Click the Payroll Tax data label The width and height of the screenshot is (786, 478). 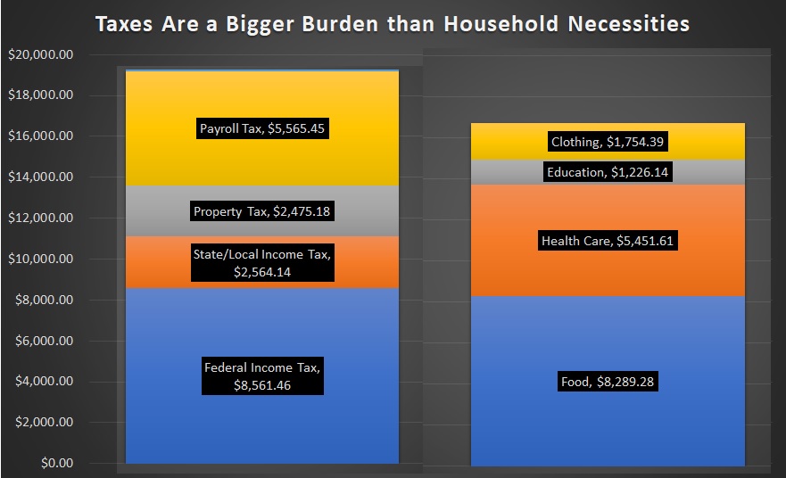(262, 128)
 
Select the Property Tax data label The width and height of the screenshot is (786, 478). (262, 211)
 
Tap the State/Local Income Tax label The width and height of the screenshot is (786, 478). (262, 263)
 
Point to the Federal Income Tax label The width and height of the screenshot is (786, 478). (262, 375)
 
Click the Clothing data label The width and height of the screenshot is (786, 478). (607, 142)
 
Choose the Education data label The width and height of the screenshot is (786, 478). (608, 172)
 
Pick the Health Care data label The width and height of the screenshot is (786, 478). (608, 241)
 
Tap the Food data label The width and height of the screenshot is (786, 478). (608, 382)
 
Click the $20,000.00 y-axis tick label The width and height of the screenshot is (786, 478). (41, 54)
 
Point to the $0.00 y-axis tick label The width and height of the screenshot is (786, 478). (57, 463)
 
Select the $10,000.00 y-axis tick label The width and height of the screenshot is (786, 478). (41, 259)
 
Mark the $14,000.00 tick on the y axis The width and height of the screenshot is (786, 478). (41, 177)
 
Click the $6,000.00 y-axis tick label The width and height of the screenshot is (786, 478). (44, 341)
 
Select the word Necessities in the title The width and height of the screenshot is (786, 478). (629, 23)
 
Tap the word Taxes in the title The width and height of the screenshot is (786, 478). (124, 23)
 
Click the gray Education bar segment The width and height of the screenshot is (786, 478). (608, 172)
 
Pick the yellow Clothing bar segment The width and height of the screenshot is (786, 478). (608, 142)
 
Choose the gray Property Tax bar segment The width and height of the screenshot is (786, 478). (262, 211)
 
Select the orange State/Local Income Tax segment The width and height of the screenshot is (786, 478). (262, 262)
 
